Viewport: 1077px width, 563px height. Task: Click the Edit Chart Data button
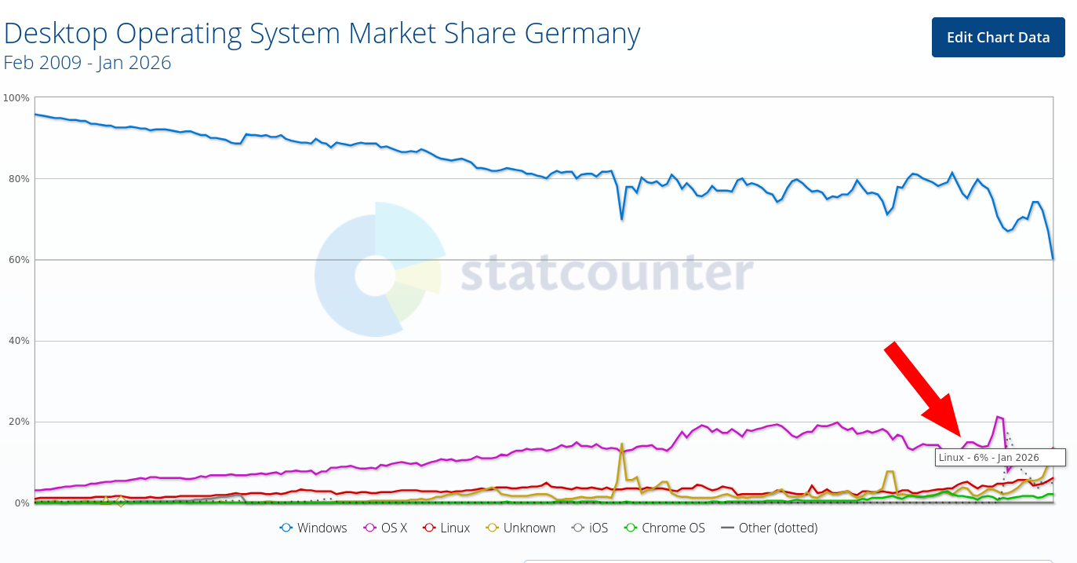998,38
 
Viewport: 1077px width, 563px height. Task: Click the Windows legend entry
314,528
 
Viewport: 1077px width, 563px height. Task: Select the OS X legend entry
387,528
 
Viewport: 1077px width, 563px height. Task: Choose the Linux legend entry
446,528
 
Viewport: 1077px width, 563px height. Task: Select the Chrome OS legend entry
664,528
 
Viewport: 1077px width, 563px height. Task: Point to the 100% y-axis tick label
16,98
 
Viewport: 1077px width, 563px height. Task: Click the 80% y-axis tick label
19,179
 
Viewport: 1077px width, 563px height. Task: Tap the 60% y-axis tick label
19,260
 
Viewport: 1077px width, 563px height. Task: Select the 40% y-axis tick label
19,341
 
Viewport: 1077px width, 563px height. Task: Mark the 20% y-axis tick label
19,422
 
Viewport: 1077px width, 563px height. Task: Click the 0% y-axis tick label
21,503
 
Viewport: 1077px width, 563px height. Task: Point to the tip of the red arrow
959,435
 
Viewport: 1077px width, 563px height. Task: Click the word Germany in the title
580,34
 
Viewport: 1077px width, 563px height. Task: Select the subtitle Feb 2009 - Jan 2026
87,63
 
